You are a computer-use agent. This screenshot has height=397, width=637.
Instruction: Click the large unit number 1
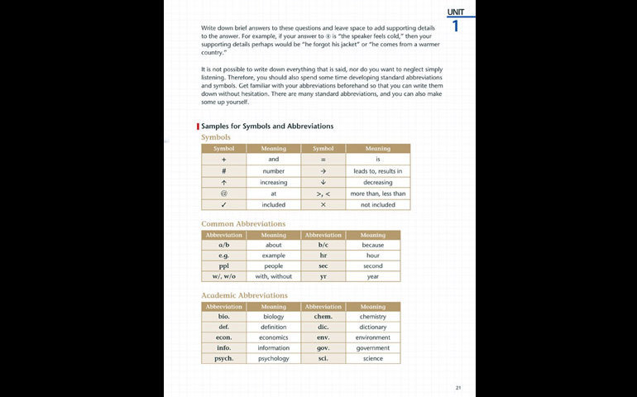tap(455, 25)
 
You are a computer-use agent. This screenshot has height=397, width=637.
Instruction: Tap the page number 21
tap(458, 387)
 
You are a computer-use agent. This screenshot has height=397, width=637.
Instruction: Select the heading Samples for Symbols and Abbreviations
tap(267, 127)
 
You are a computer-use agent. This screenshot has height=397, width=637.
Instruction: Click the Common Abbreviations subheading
tap(243, 223)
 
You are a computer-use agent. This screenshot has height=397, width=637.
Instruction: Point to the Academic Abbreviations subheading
tap(244, 295)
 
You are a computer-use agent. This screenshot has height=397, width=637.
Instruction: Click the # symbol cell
tap(224, 170)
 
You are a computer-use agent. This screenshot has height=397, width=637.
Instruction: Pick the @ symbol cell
tap(224, 194)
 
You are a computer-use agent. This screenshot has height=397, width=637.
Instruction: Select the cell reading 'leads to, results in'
tap(377, 170)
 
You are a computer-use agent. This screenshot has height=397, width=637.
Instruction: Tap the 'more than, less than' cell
tap(377, 194)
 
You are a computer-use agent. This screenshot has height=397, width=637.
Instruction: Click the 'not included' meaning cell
tap(377, 204)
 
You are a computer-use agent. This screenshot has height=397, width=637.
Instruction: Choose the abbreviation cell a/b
tap(224, 245)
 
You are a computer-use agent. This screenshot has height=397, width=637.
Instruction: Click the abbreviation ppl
tap(224, 266)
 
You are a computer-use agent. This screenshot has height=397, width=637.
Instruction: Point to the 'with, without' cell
tap(273, 277)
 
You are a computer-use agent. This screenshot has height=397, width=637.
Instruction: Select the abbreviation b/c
tap(323, 245)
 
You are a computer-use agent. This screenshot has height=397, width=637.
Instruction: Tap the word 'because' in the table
tap(372, 245)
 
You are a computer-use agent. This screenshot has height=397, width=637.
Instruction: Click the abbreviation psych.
tap(224, 359)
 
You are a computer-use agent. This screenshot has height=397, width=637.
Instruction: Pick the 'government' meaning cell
tap(372, 348)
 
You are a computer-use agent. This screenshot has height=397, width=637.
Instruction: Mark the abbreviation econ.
tap(224, 337)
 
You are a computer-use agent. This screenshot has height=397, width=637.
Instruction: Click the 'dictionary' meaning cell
tap(372, 327)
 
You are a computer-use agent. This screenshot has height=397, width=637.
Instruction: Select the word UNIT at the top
tap(455, 12)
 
